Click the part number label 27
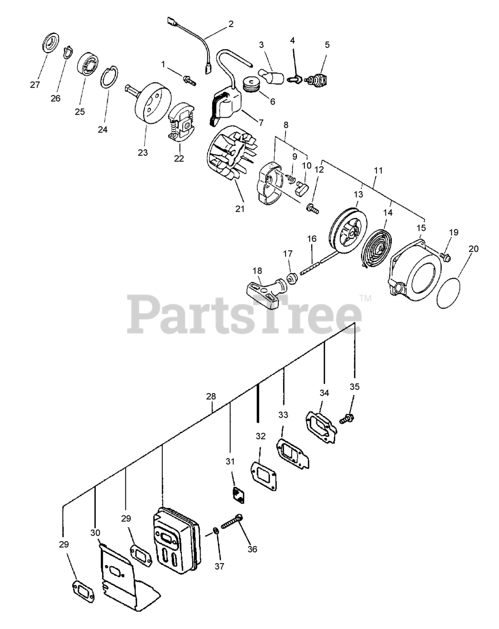34,85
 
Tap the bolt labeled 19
445,256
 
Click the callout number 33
283,415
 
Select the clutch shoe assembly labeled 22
181,126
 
